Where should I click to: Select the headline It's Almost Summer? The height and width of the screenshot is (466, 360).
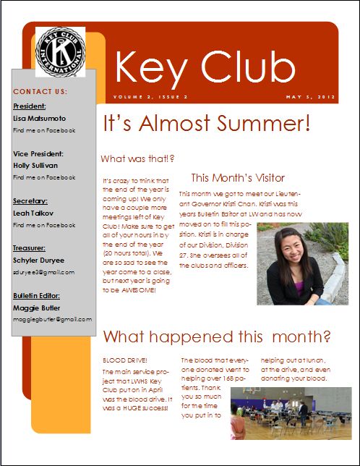click(x=206, y=124)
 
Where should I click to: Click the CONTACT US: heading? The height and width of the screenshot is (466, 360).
click(x=40, y=92)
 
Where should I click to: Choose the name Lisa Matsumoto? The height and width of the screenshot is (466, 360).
click(x=39, y=118)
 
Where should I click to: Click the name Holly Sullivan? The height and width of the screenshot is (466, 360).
click(x=37, y=165)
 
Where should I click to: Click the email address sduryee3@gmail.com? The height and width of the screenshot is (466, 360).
click(x=43, y=272)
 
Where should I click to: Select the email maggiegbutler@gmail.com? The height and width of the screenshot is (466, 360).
click(x=53, y=318)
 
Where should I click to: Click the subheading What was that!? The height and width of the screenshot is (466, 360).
click(x=137, y=158)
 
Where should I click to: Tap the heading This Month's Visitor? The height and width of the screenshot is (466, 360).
click(x=238, y=177)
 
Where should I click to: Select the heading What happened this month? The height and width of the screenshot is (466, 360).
click(x=217, y=336)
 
